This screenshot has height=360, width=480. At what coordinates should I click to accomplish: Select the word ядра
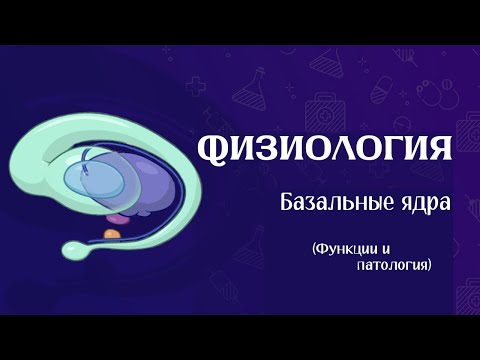click(x=417, y=204)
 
